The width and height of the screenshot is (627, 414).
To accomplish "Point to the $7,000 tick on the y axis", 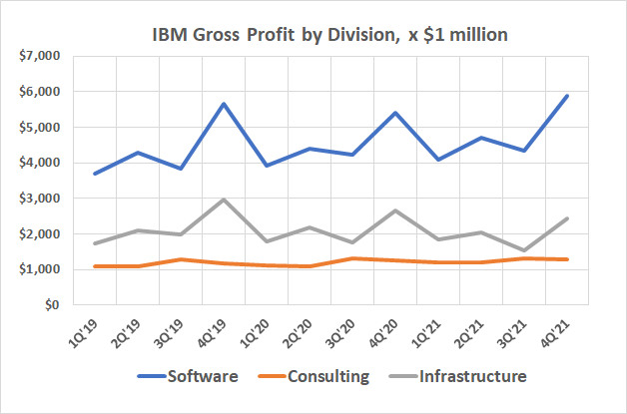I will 40,56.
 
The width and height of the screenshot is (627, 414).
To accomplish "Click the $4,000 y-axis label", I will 40,163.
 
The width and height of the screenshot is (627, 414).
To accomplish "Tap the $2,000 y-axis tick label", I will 40,234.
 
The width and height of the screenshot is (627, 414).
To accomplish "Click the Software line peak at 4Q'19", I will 225,104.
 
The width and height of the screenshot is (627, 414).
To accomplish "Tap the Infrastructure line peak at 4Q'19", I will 225,200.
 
